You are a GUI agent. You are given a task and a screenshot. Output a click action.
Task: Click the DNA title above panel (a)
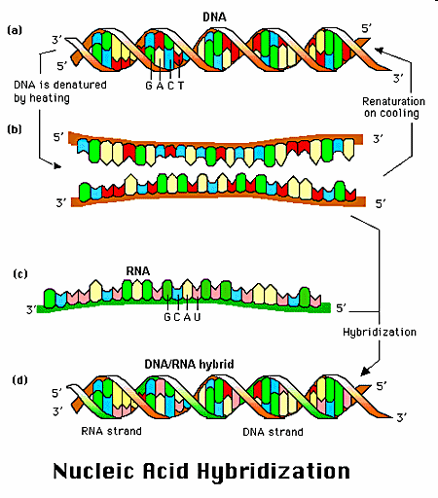214,17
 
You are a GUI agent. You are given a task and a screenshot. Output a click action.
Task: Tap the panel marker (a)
15,30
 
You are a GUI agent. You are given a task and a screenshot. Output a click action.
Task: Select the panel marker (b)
15,129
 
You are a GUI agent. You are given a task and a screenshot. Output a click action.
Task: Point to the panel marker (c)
20,274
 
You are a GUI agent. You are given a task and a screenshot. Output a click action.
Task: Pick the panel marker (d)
20,379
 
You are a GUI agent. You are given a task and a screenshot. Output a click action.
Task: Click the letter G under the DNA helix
149,86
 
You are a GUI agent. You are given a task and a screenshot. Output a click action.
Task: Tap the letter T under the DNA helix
181,86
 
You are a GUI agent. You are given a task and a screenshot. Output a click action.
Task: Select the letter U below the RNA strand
198,317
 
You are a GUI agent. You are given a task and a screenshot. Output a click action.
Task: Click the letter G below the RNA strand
167,317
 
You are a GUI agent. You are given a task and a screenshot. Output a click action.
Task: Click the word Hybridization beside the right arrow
380,333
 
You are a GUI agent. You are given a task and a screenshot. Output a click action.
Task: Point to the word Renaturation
393,101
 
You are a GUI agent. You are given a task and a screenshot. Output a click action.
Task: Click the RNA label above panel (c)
138,271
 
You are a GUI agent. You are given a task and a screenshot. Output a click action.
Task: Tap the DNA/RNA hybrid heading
189,364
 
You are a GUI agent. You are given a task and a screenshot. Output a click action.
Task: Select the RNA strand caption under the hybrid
111,431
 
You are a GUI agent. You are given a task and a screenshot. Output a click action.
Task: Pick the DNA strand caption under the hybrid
274,432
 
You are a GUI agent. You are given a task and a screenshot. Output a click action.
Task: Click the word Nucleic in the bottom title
93,471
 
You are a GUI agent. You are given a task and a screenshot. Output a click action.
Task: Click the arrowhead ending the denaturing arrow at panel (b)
57,166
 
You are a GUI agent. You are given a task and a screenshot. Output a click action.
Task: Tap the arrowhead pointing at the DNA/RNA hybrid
365,372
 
